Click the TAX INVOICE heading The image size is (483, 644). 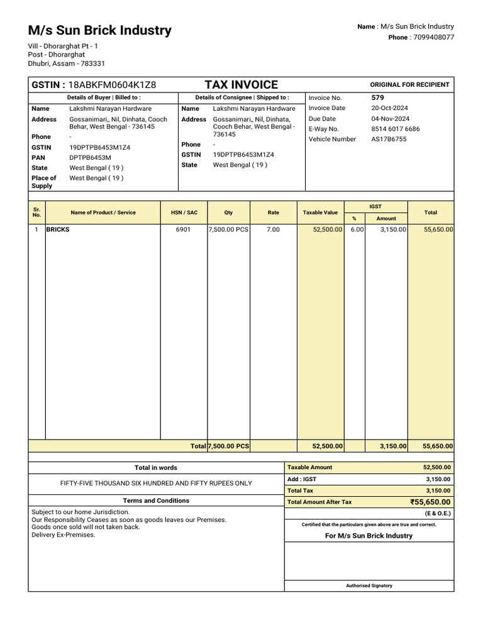pyautogui.click(x=241, y=85)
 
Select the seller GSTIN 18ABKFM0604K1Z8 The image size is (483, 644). pyautogui.click(x=112, y=85)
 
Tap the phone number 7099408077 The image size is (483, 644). pyautogui.click(x=431, y=37)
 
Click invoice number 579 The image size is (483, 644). pyautogui.click(x=377, y=97)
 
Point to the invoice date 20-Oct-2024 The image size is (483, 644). pyautogui.click(x=390, y=108)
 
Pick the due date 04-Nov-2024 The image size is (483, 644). pyautogui.click(x=390, y=118)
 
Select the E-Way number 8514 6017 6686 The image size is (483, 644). pyautogui.click(x=396, y=129)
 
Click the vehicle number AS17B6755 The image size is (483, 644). pyautogui.click(x=389, y=139)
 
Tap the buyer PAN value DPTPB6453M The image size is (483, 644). pyautogui.click(x=90, y=157)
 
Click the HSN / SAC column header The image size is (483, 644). pyautogui.click(x=184, y=213)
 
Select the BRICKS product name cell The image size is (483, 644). pyautogui.click(x=58, y=230)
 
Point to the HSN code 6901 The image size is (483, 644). pyautogui.click(x=183, y=230)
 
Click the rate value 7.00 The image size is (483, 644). pyautogui.click(x=273, y=230)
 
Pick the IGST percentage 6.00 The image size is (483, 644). pyautogui.click(x=357, y=230)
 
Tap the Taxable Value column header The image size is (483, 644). pyautogui.click(x=320, y=213)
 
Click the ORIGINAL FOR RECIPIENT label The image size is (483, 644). pyautogui.click(x=409, y=85)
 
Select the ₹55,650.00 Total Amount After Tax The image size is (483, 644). pyautogui.click(x=430, y=502)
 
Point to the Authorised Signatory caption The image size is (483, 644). pyautogui.click(x=369, y=586)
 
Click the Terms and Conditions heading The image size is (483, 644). pyautogui.click(x=156, y=501)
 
